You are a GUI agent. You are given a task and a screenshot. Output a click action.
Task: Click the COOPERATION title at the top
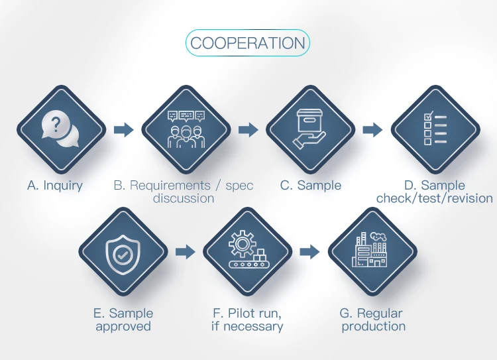[x=248, y=43]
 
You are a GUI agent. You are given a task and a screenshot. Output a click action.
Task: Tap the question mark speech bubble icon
[x=60, y=129]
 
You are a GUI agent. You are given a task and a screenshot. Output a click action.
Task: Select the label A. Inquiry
[x=55, y=186]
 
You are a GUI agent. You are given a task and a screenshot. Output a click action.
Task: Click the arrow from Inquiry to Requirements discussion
[x=123, y=129]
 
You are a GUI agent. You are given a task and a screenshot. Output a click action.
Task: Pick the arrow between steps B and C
[x=248, y=129]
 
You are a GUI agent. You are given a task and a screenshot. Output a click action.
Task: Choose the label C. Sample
[x=311, y=186]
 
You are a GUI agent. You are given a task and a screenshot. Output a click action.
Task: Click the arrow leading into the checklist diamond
[x=372, y=129]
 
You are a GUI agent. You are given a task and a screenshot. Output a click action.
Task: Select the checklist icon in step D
[x=435, y=129]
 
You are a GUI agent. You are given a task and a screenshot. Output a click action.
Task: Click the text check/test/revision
[x=435, y=198]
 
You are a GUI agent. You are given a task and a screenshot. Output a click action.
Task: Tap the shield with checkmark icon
[x=123, y=252]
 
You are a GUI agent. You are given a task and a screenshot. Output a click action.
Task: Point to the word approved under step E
[x=123, y=326]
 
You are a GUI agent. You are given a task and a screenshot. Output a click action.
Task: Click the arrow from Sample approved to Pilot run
[x=186, y=252]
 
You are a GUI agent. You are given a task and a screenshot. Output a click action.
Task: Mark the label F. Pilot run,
[x=247, y=314]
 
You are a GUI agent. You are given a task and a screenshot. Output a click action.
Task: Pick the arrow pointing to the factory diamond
[x=309, y=252]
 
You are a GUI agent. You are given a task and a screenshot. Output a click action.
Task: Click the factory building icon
[x=372, y=251]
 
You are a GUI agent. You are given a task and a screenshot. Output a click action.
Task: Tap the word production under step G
[x=374, y=326]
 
